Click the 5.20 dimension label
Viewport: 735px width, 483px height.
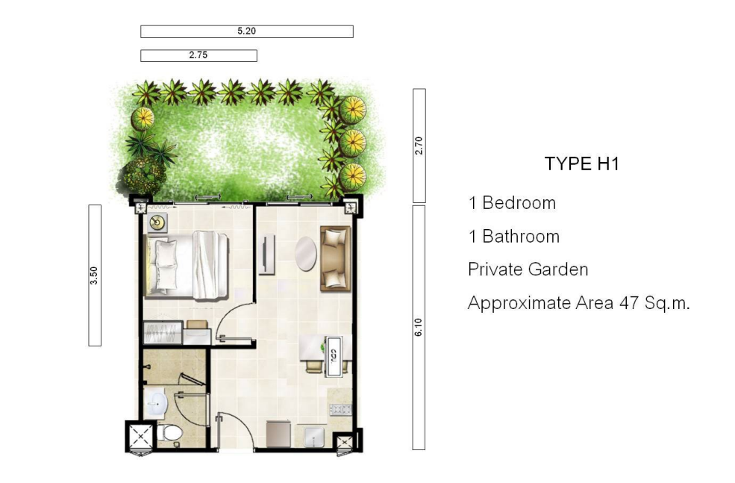click(246, 31)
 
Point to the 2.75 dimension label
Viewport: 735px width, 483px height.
click(198, 55)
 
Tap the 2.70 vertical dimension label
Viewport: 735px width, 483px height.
click(419, 146)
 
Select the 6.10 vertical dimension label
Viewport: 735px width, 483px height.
click(419, 327)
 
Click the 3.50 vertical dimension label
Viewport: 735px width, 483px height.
click(94, 275)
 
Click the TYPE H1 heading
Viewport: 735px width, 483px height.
click(582, 163)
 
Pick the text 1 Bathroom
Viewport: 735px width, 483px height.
click(513, 237)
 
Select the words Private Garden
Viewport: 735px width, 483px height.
click(528, 269)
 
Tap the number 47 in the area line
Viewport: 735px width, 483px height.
click(628, 303)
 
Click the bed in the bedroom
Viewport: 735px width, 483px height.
click(187, 265)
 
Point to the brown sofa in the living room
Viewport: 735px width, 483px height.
click(336, 258)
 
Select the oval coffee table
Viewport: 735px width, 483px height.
click(306, 254)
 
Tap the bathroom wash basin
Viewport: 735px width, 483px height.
click(155, 403)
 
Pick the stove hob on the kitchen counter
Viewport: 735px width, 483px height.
click(341, 410)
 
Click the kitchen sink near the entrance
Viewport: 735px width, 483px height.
click(313, 437)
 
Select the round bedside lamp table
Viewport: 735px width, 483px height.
click(158, 222)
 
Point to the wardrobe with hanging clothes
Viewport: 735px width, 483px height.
click(162, 333)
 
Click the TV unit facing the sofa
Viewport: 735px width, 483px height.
click(266, 255)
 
